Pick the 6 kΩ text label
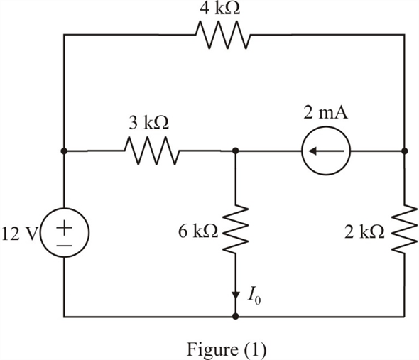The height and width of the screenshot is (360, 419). point(202,233)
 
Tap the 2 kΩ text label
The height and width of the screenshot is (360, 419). point(366,233)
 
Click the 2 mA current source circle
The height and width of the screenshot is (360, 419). point(326,151)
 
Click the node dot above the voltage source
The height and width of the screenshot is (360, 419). point(65,151)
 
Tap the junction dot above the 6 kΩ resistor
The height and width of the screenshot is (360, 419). point(235,151)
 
